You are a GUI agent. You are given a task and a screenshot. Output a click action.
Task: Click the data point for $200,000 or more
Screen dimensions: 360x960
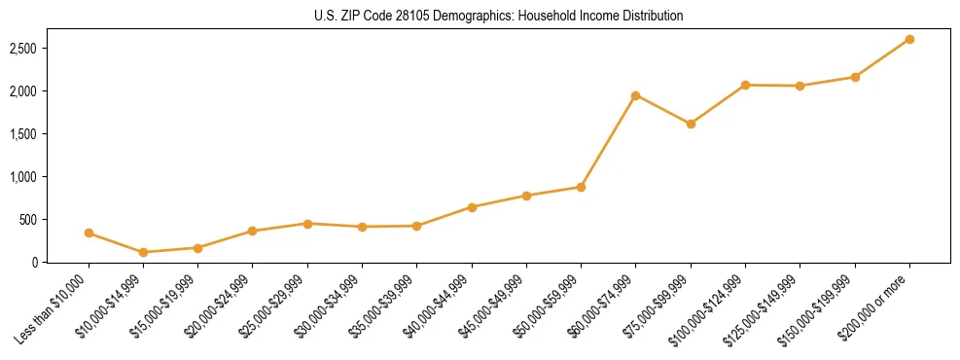[x=909, y=40]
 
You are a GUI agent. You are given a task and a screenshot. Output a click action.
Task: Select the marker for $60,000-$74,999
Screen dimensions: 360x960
[x=636, y=95]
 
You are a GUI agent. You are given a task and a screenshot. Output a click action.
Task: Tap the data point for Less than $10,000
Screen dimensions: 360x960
[x=89, y=234]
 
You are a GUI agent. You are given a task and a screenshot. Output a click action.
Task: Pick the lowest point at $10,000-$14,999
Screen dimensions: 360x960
[x=144, y=252]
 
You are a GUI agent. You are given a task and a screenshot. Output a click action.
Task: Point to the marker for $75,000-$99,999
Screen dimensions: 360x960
[x=691, y=124]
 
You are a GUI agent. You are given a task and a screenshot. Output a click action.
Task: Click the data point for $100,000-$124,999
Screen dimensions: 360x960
[x=745, y=85]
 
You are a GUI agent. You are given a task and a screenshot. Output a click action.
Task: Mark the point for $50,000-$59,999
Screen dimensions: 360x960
[x=581, y=187]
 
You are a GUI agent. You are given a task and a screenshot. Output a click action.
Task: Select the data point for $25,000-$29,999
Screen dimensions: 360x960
[x=307, y=224]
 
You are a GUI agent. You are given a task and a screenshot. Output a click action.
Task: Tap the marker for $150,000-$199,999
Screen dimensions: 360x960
[x=855, y=77]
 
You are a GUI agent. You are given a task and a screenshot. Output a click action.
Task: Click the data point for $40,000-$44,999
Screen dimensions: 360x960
[x=472, y=207]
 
